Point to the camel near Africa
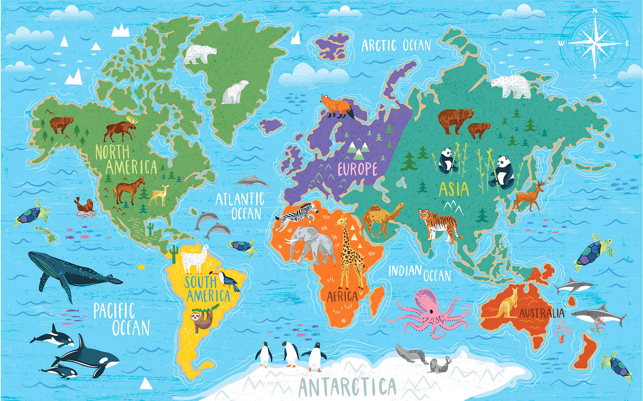[380, 218]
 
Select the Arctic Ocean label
[396, 45]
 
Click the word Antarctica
[347, 386]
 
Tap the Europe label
[357, 169]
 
